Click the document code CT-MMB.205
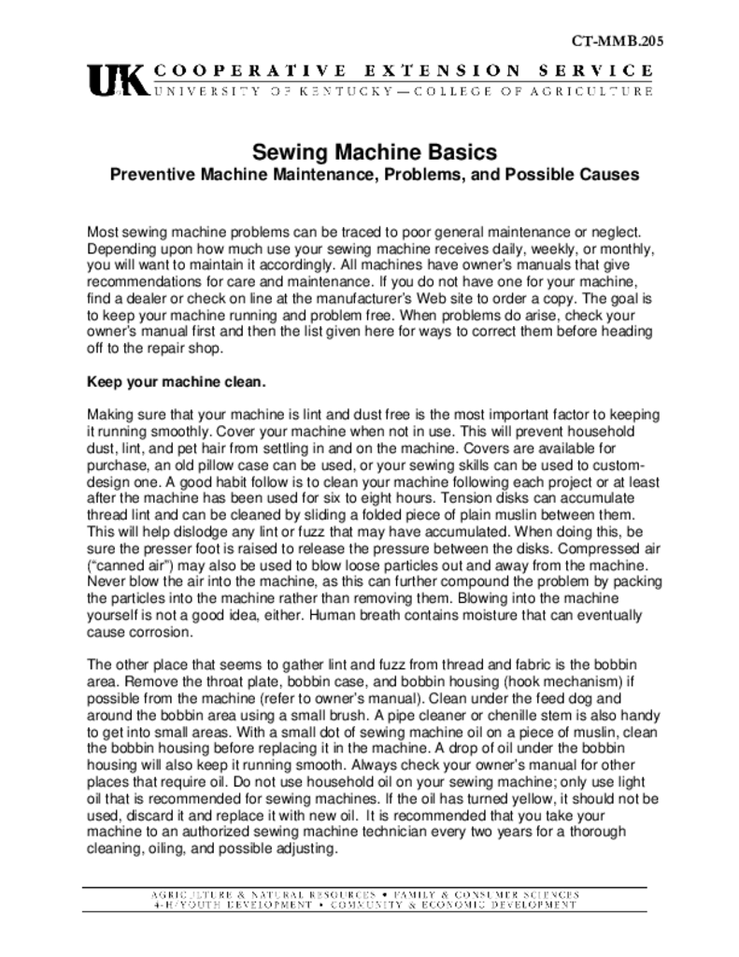click(618, 42)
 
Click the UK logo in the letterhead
click(117, 80)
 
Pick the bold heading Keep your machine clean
click(177, 382)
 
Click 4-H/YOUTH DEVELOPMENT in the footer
click(219, 906)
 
